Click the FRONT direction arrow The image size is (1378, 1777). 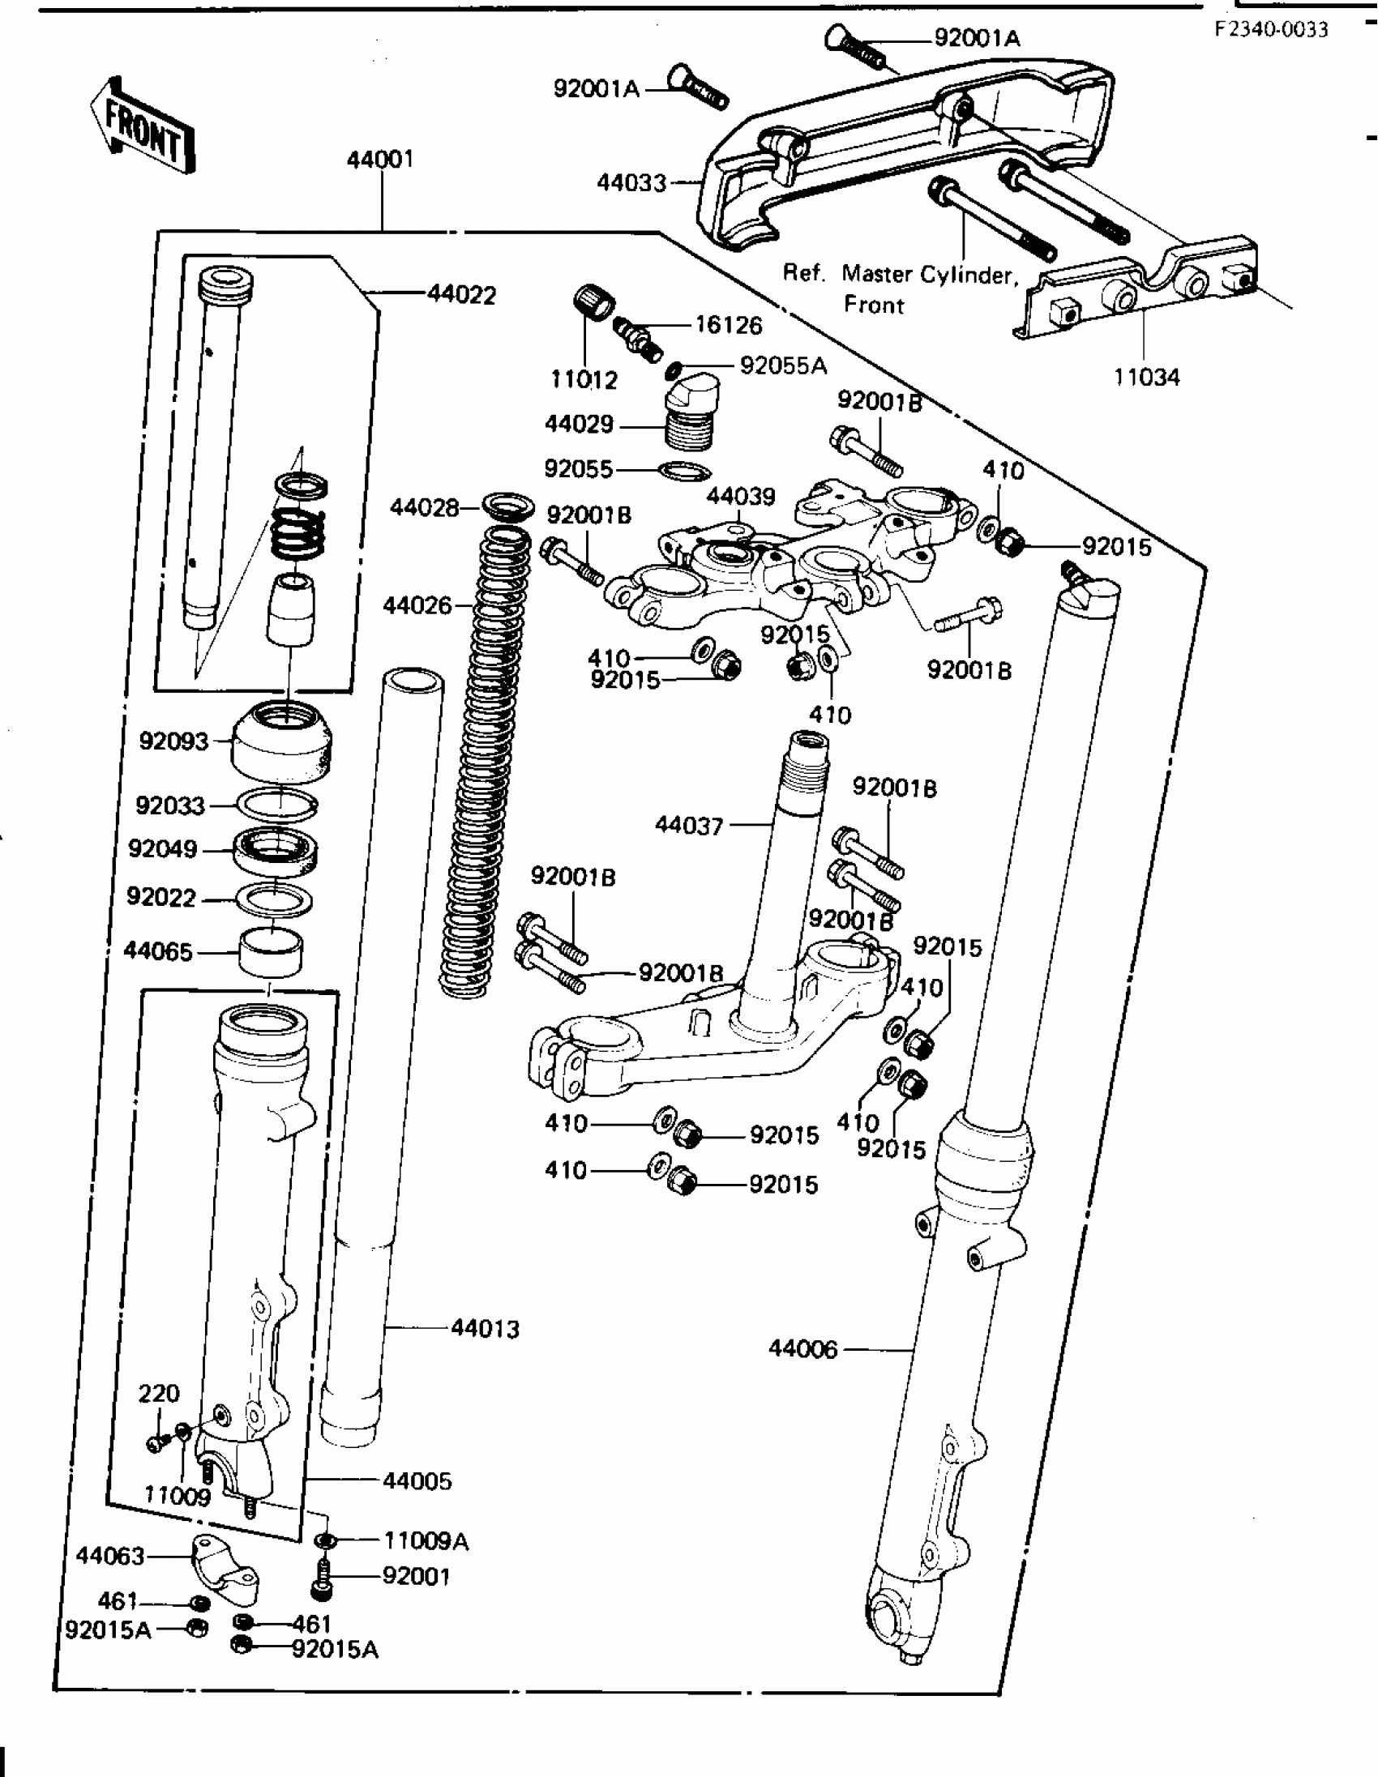(x=143, y=127)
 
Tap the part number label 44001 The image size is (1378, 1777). (x=380, y=159)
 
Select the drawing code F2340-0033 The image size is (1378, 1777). (x=1270, y=30)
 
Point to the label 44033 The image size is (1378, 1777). (x=631, y=183)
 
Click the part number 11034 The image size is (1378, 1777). (x=1146, y=377)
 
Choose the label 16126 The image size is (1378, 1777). (x=728, y=326)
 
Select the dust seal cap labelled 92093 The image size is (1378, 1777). (x=281, y=741)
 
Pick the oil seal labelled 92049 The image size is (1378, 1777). (x=276, y=849)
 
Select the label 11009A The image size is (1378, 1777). (x=426, y=1540)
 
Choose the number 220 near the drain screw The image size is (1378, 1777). (x=159, y=1393)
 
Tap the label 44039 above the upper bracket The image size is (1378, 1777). (x=740, y=497)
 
